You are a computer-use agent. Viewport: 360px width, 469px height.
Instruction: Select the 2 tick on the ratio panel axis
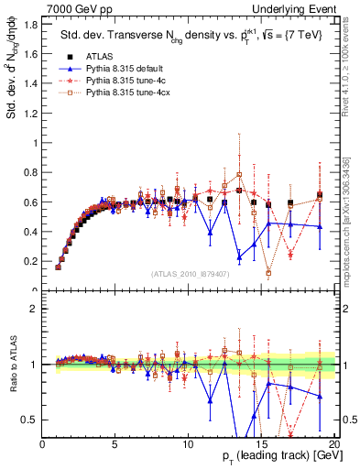[x=32, y=309]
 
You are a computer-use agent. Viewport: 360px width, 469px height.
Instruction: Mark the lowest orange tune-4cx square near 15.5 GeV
[x=268, y=273]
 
